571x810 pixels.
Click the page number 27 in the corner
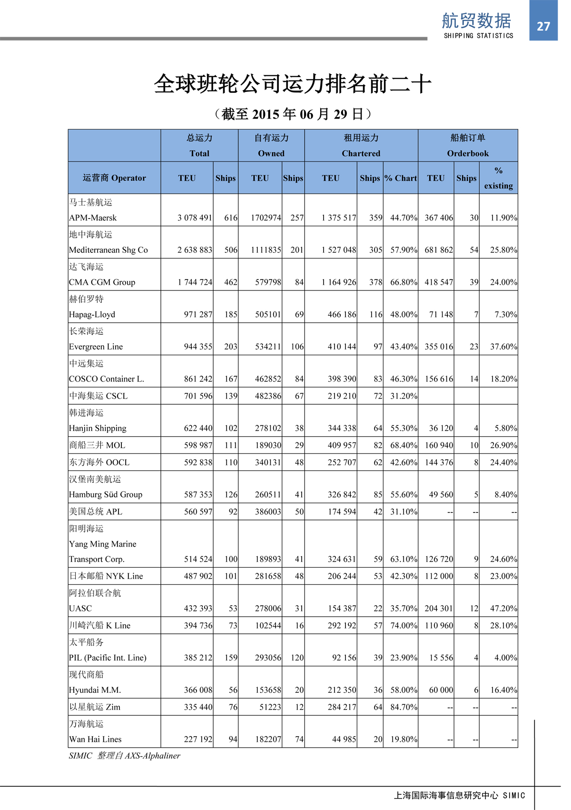(543, 26)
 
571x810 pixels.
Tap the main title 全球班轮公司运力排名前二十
(292, 84)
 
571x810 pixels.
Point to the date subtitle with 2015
(292, 114)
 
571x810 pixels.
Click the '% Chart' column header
(401, 178)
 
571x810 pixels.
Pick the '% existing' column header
(498, 178)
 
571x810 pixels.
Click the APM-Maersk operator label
(93, 218)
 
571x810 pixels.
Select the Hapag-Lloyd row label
(92, 314)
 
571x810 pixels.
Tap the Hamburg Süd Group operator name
(106, 494)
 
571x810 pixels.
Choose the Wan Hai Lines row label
(95, 739)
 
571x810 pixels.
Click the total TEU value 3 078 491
(195, 218)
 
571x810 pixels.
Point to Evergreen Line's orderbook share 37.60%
(503, 347)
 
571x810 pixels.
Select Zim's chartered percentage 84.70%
(404, 707)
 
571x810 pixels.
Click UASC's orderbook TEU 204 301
(439, 609)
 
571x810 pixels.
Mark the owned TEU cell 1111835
(266, 250)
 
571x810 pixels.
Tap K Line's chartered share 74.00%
(404, 626)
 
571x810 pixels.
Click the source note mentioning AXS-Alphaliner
(125, 756)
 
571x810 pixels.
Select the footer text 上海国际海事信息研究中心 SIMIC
(459, 795)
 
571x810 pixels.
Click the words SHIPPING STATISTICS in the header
(478, 36)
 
